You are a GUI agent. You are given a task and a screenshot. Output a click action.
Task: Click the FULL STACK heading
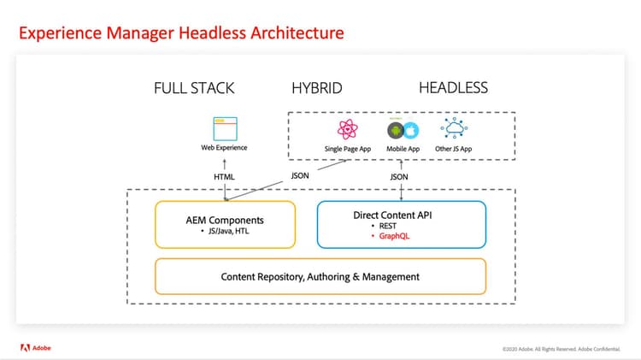click(194, 88)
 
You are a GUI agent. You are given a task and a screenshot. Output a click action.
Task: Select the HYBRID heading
click(317, 88)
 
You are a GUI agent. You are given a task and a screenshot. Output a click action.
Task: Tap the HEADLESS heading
click(453, 88)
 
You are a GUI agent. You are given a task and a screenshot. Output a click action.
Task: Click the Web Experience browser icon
click(224, 128)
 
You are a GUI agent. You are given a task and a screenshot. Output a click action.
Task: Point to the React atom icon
click(347, 130)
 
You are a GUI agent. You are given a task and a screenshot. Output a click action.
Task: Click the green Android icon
click(395, 131)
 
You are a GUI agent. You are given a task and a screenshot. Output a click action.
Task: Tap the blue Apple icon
click(411, 131)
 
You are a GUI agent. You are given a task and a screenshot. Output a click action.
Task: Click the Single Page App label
click(347, 148)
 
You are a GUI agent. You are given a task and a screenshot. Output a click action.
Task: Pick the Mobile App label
click(403, 148)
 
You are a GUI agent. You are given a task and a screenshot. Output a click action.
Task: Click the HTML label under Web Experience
click(224, 177)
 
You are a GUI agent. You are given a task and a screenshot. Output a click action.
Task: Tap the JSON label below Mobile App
click(399, 177)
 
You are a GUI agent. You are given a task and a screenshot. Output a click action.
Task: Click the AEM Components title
click(224, 220)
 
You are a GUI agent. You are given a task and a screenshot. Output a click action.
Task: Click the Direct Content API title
click(401, 215)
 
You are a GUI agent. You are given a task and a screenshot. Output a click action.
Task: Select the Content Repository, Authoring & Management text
click(320, 276)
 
